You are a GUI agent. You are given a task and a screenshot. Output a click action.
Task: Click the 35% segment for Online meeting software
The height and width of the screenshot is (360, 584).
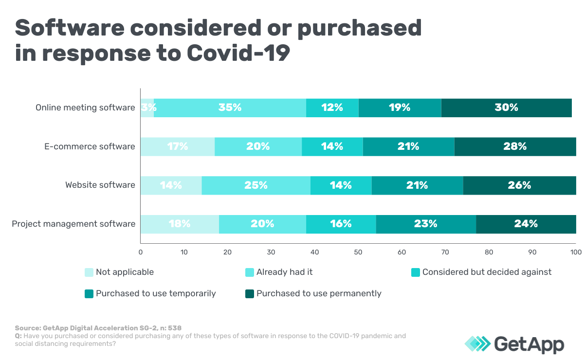[x=230, y=108]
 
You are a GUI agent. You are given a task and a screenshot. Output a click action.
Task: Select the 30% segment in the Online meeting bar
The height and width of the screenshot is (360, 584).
[x=506, y=108]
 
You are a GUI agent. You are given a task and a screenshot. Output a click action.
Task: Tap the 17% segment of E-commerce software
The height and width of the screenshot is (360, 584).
[x=178, y=146]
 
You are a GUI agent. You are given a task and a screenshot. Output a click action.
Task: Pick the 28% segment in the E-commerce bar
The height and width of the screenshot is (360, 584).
[x=515, y=146]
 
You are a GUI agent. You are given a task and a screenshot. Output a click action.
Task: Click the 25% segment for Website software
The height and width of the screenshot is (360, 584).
[x=256, y=185]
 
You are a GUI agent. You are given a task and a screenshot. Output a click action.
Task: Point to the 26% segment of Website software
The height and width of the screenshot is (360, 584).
[x=519, y=185]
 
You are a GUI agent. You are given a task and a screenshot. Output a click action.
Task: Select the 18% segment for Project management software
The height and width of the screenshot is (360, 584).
[x=180, y=224]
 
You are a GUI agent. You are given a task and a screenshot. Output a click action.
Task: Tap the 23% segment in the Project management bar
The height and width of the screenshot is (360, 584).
[x=426, y=224]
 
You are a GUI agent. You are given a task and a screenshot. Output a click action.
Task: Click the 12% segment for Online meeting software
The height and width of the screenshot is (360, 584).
[x=332, y=108]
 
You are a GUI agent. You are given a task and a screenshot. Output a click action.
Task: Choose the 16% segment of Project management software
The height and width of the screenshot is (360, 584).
[x=341, y=224]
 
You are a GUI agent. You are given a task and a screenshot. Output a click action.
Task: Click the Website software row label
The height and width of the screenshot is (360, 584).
[x=100, y=185]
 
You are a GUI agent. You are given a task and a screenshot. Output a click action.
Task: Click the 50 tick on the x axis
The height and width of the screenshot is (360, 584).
[x=358, y=252]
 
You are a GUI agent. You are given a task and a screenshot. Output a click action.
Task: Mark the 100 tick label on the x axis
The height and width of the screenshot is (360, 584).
[x=576, y=252]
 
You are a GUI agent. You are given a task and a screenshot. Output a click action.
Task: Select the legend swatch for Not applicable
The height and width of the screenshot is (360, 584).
[x=89, y=272]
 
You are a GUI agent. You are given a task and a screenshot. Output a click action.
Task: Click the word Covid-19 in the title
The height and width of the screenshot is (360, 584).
[x=238, y=53]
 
